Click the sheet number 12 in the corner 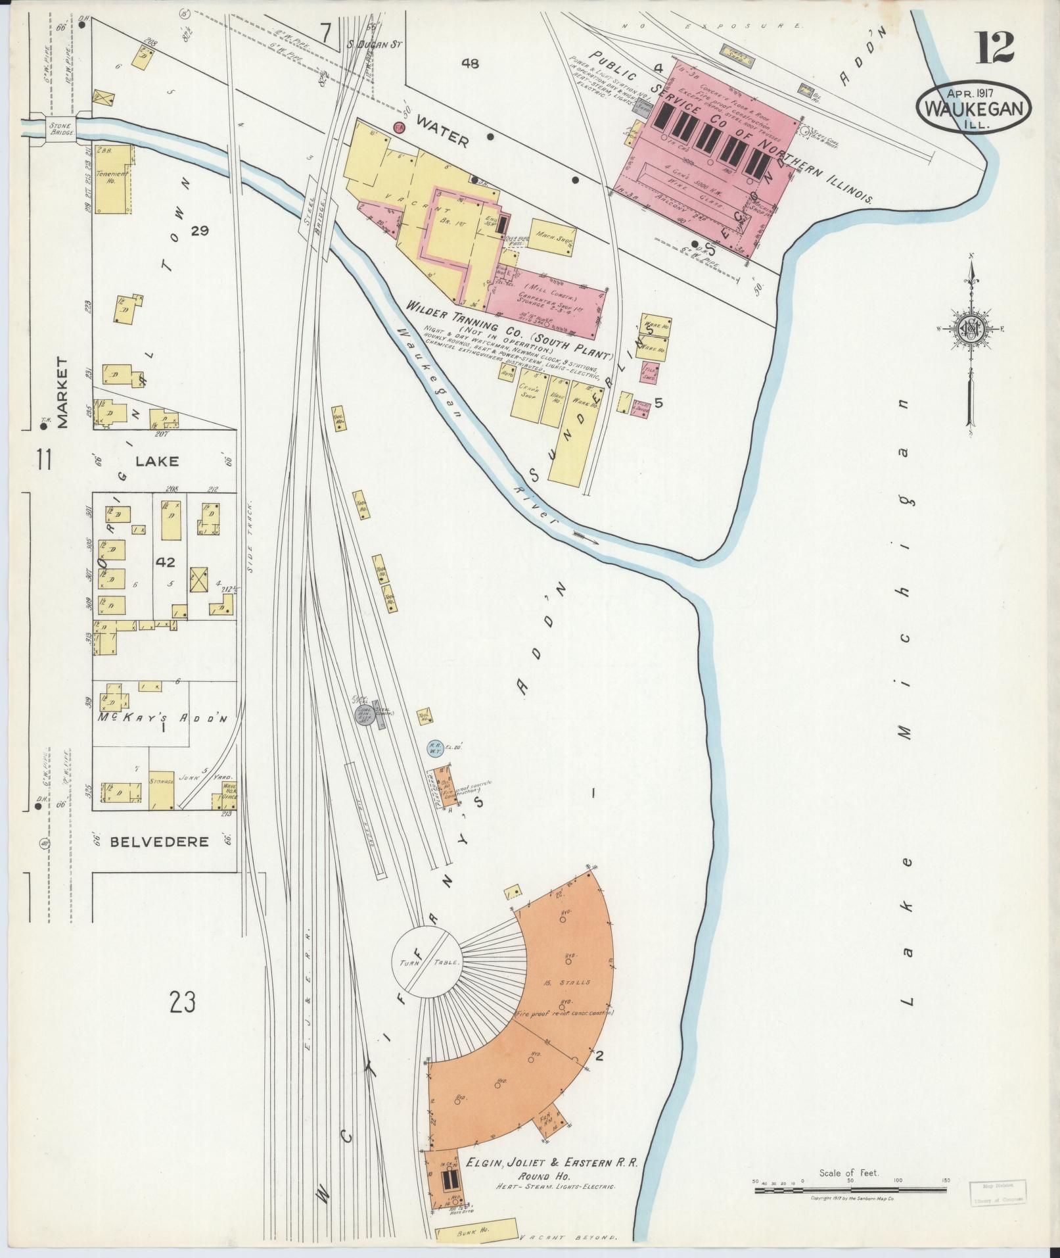click(994, 48)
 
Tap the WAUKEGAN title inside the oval click(974, 109)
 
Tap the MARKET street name click(62, 393)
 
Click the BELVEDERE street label click(159, 841)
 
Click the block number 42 click(166, 563)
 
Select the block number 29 click(199, 230)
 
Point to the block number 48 click(470, 64)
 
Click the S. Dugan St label click(374, 44)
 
